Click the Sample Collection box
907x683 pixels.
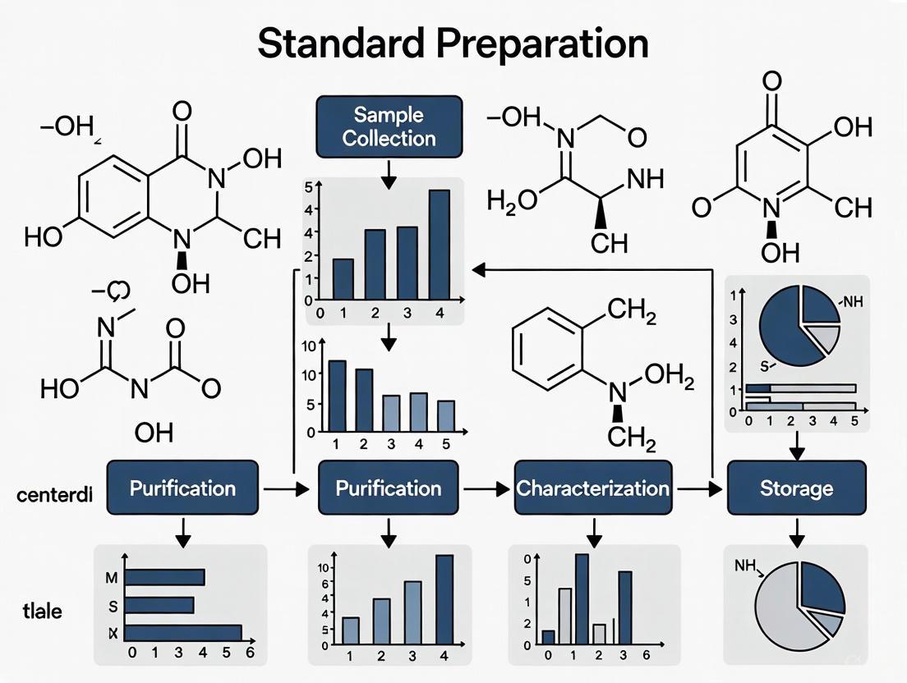coord(389,126)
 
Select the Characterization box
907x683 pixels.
coord(592,488)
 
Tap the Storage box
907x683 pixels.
coord(796,488)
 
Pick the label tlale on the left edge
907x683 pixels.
coord(43,611)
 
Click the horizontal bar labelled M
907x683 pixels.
coord(163,577)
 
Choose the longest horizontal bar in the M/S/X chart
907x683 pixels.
coord(182,633)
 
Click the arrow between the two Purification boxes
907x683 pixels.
coord(288,489)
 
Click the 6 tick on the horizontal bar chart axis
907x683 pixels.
coord(251,654)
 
